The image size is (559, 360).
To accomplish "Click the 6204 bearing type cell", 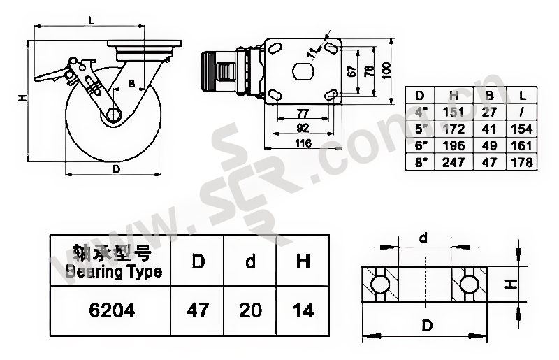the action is point(112,310).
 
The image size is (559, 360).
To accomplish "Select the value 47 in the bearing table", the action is point(198,310).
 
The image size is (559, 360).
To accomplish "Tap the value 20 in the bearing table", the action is point(250,310).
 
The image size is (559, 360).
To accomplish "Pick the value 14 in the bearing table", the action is point(303,310).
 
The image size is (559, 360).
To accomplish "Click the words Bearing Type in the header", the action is point(114,272).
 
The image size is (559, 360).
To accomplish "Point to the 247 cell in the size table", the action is point(453,162).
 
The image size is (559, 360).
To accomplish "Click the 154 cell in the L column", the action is point(521,129).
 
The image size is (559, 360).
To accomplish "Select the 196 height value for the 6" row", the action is point(453,145).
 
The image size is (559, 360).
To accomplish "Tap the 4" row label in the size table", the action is point(421,112).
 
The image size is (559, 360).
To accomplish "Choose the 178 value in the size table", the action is point(521,162).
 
